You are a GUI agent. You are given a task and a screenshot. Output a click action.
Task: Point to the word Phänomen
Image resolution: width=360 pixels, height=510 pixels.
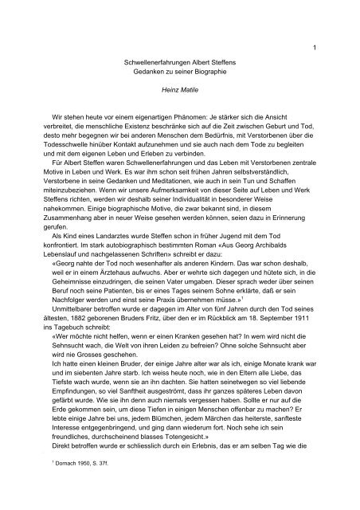(198, 117)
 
